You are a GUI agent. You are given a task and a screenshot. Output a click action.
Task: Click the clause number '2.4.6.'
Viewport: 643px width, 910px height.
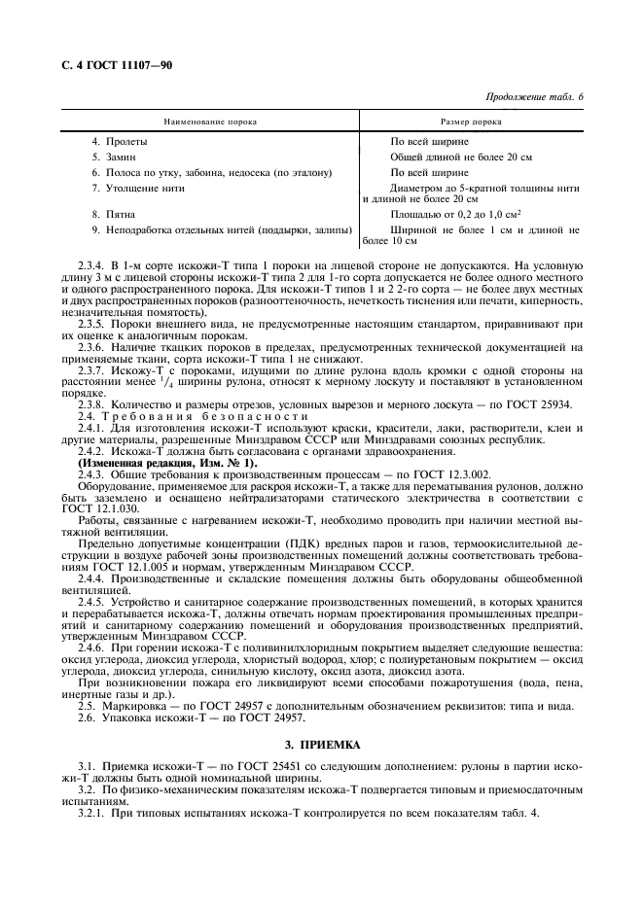[91, 647]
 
